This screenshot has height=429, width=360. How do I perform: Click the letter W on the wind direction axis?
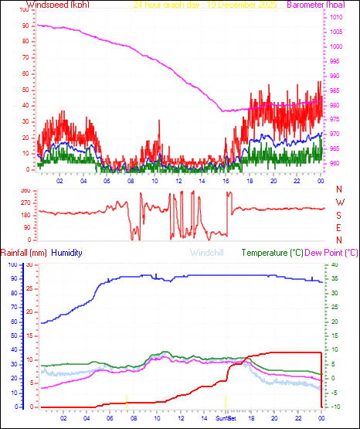point(340,203)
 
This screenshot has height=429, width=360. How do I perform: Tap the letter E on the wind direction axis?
point(340,227)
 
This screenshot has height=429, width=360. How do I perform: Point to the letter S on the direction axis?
point(340,215)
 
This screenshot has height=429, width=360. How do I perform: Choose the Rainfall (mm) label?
point(24,253)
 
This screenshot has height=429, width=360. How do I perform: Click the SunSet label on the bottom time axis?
point(226,417)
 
